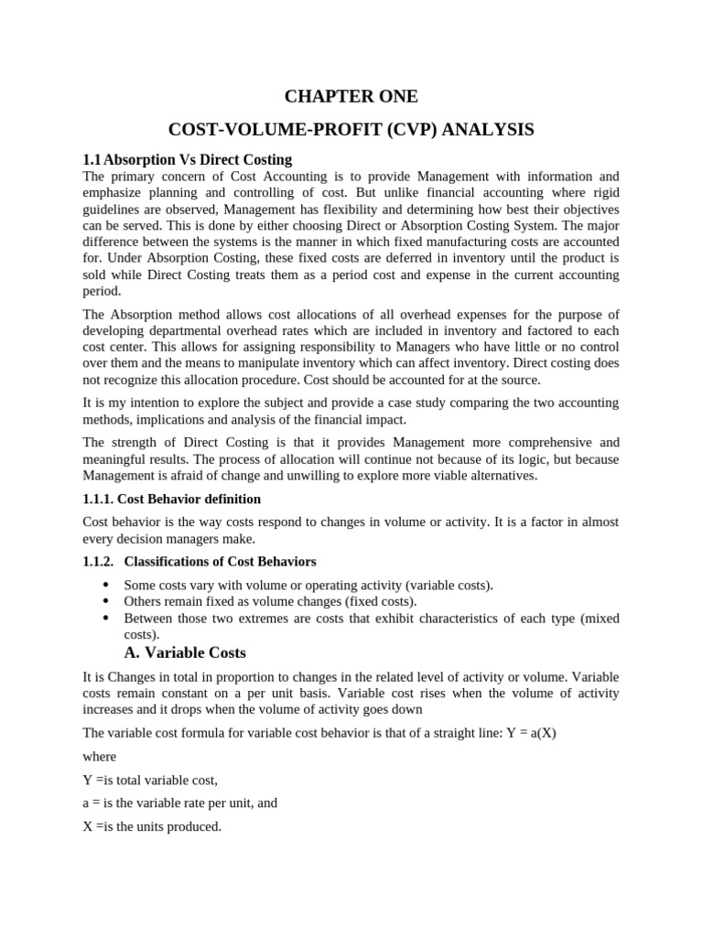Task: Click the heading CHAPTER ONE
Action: coord(351,96)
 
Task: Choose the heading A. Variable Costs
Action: coord(185,652)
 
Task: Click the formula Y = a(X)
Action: coord(535,733)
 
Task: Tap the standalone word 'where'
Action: coord(100,757)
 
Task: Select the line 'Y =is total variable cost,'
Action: coord(150,780)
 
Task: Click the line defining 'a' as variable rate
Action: coord(179,802)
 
